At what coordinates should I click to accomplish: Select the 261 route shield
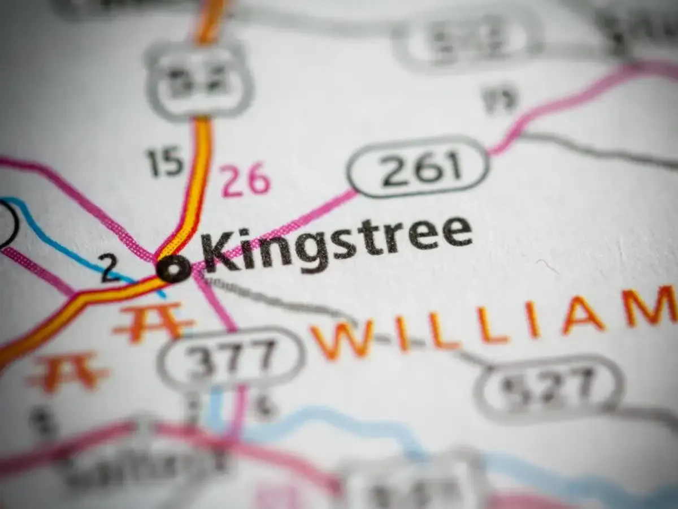[418, 167]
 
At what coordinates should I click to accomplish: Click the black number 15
[165, 162]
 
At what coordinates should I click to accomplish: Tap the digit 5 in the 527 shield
[515, 389]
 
